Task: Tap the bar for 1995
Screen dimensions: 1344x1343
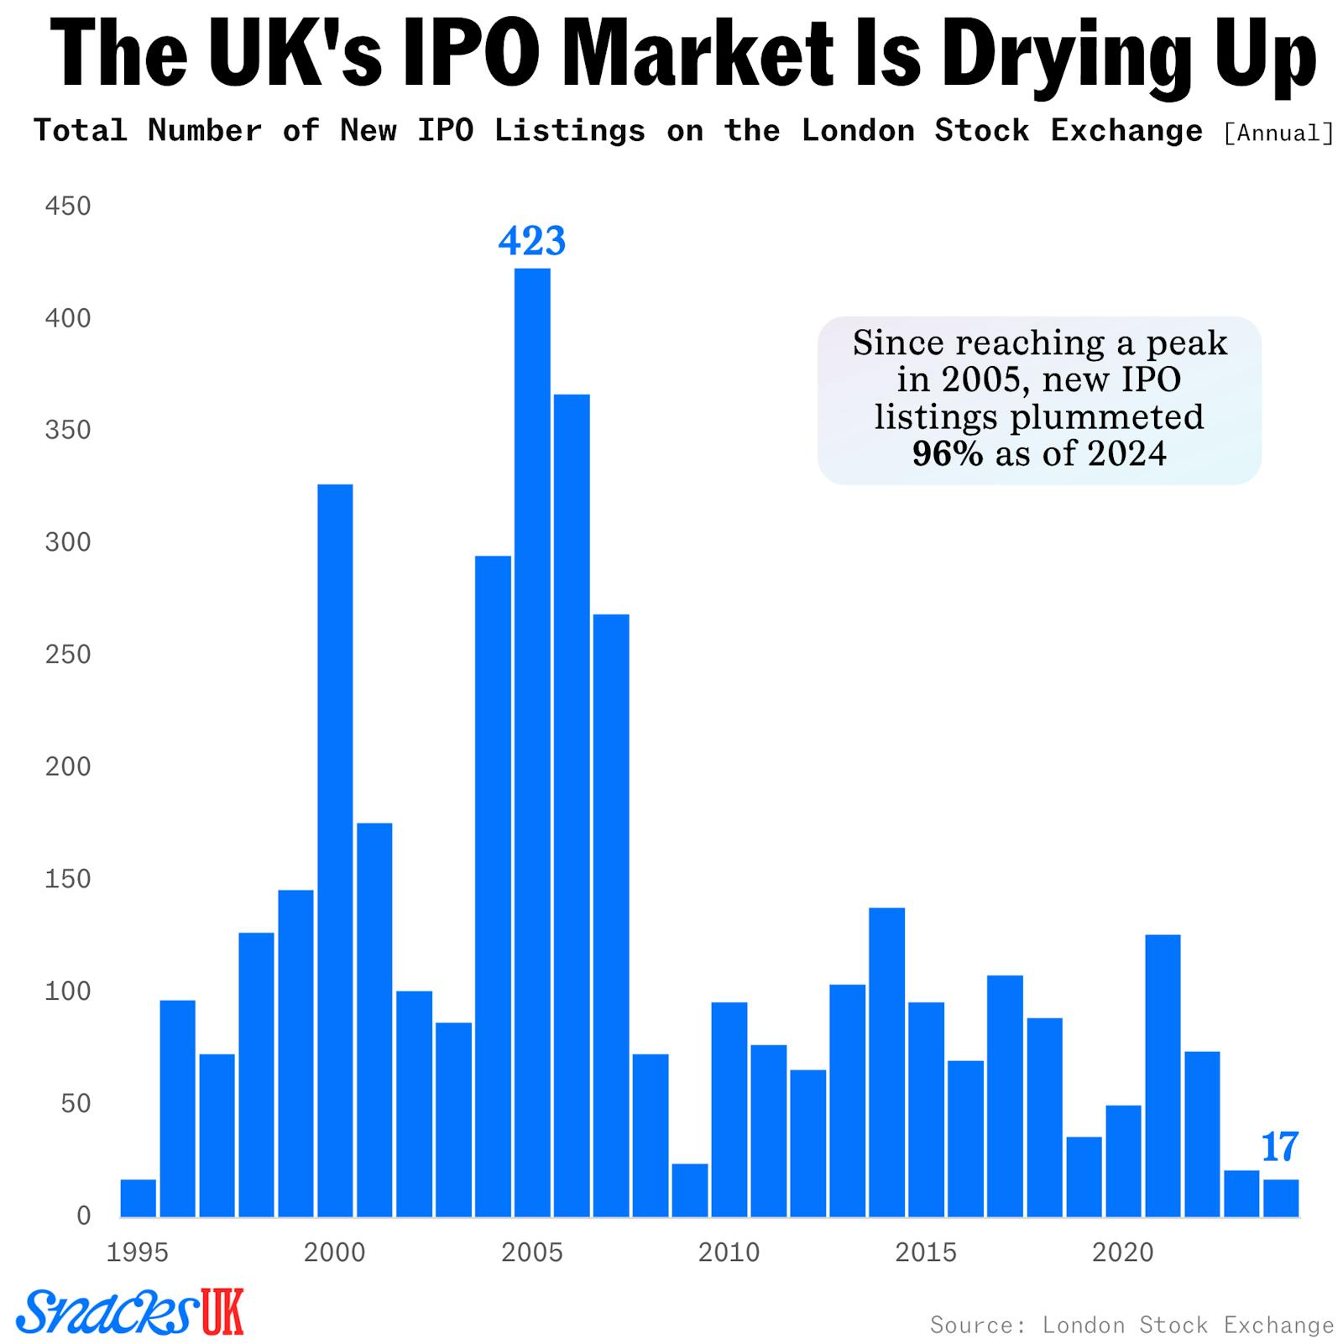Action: tap(138, 1198)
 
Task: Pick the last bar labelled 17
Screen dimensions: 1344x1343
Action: tap(1281, 1198)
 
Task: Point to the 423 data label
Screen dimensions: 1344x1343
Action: tap(532, 241)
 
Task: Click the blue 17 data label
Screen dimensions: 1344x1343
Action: tap(1280, 1147)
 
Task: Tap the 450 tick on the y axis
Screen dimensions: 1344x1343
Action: tap(67, 206)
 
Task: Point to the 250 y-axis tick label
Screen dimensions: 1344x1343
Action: tap(67, 654)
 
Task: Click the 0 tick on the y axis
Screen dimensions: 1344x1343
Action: tap(83, 1215)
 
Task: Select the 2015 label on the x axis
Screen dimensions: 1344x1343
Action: tap(925, 1252)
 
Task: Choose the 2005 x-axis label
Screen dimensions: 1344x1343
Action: tap(532, 1252)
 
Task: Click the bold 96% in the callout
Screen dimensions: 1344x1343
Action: tap(948, 454)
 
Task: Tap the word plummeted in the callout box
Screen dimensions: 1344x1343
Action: tap(1106, 417)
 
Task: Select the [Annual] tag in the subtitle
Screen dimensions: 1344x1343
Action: tap(1278, 133)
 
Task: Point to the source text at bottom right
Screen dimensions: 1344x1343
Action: tap(1131, 1325)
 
